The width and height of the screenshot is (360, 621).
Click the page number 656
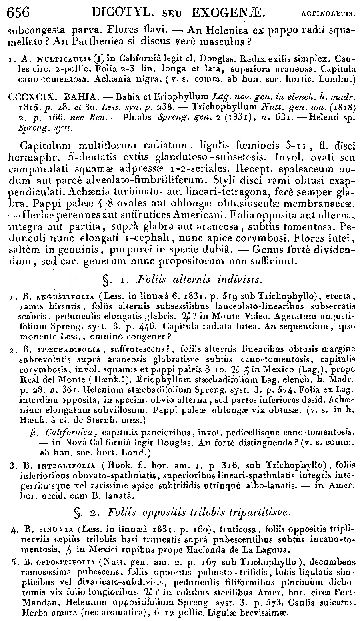[x=19, y=12]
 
